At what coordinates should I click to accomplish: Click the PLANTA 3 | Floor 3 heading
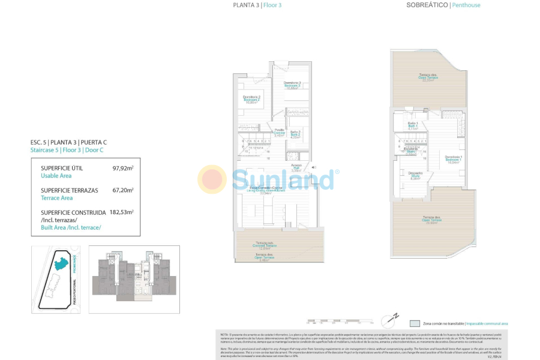coord(257,5)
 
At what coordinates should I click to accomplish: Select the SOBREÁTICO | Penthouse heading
coord(443,5)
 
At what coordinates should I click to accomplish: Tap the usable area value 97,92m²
coord(123,169)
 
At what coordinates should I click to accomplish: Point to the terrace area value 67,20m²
coord(123,191)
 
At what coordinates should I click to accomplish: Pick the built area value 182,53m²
coord(121,212)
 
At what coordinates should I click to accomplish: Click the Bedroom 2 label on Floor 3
coord(251,99)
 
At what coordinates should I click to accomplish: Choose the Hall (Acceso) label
coord(296,167)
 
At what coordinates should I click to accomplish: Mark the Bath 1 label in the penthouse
coord(412,125)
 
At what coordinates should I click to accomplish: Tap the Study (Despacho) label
coord(415,175)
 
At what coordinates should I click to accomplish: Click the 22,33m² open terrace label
coord(428,77)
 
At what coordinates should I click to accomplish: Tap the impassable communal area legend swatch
coord(415,323)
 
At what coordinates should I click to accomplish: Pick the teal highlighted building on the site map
coord(62,263)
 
